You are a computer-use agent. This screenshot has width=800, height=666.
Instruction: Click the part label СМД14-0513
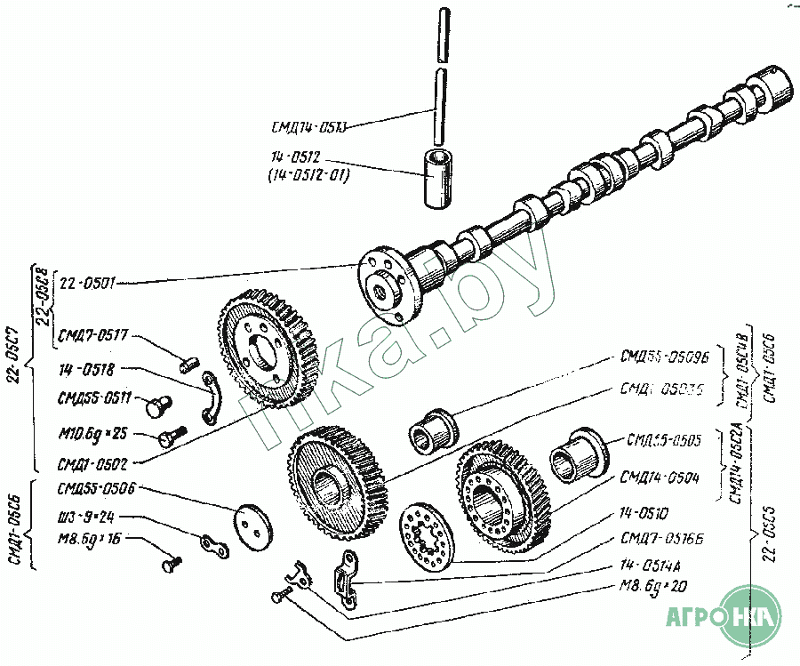pyautogui.click(x=308, y=125)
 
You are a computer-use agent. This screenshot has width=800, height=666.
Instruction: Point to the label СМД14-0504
pyautogui.click(x=661, y=477)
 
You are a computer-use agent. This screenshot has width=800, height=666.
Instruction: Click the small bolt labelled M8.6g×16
pyautogui.click(x=170, y=562)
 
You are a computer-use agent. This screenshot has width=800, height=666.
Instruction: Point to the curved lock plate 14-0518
pyautogui.click(x=217, y=398)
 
